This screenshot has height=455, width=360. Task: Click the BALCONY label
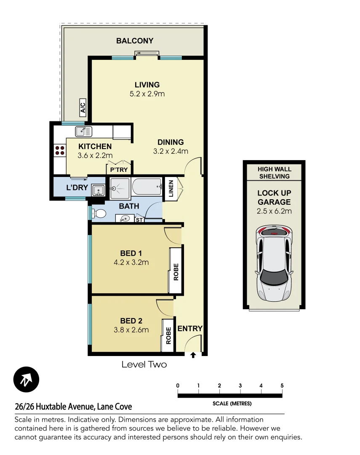tap(135, 41)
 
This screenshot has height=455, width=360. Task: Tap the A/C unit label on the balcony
tap(83, 108)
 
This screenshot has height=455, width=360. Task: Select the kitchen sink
tap(83, 131)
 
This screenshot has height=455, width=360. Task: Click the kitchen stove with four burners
tap(59, 150)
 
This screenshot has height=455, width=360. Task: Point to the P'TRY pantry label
tap(119, 170)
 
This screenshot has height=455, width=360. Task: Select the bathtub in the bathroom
tap(147, 186)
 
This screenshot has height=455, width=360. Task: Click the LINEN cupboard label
tap(171, 188)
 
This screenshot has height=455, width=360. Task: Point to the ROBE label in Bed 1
tap(176, 272)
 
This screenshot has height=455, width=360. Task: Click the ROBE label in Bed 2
tap(168, 336)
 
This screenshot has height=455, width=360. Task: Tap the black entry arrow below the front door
tap(193, 355)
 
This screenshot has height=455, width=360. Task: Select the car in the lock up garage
tap(275, 264)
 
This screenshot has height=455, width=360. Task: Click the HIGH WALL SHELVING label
tap(274, 173)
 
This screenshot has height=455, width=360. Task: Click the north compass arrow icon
tap(26, 380)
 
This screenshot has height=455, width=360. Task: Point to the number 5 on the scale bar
tap(282, 385)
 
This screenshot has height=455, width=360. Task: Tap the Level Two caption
tap(144, 364)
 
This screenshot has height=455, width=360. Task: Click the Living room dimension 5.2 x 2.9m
tap(147, 94)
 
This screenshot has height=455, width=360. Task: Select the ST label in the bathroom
tap(139, 219)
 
